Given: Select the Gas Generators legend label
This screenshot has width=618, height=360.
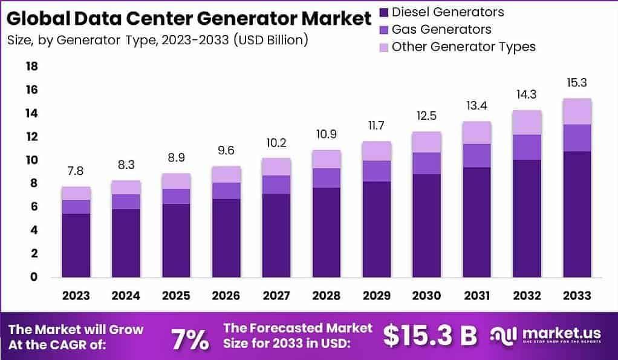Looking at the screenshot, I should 441,29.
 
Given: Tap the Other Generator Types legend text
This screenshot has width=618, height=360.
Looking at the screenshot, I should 463,47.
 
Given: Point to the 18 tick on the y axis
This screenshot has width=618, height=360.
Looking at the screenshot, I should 31,66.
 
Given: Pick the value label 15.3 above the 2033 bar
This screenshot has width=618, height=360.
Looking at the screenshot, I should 576,82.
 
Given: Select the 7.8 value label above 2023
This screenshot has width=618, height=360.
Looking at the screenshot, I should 76,170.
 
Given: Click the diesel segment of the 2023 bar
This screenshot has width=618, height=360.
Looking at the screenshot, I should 76,245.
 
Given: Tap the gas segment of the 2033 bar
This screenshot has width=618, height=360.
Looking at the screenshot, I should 576,138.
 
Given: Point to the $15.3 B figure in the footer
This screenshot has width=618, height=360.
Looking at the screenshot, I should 430,335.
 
